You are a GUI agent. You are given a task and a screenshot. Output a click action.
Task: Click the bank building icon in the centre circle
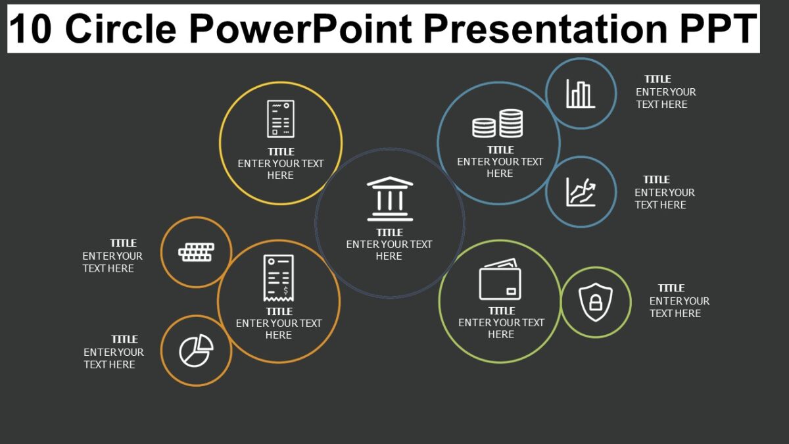tap(390, 198)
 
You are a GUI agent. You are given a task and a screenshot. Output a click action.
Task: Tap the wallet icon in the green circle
tap(500, 280)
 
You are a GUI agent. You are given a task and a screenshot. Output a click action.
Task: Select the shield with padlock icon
tap(595, 302)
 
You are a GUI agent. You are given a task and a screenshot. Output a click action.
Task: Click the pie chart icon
tap(196, 351)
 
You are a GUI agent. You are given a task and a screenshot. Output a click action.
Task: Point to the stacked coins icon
tap(498, 124)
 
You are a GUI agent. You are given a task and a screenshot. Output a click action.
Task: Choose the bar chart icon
tap(581, 93)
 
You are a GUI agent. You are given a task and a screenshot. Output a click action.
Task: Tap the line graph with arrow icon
tap(581, 192)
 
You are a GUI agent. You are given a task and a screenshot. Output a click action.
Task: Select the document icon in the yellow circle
tap(281, 119)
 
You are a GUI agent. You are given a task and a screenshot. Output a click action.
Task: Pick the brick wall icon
tap(196, 252)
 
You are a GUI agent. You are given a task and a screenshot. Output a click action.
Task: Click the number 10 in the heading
tap(31, 30)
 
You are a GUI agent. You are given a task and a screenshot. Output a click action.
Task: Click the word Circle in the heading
tap(121, 30)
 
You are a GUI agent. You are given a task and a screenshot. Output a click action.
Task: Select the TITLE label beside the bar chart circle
tap(657, 79)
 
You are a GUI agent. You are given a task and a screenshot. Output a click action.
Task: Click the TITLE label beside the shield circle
tap(671, 288)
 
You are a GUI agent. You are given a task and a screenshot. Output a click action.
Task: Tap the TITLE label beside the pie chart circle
tap(124, 339)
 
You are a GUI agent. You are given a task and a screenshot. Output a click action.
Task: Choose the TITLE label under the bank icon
tap(389, 232)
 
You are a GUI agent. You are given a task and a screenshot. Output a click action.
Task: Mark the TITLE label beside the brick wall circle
tap(123, 243)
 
